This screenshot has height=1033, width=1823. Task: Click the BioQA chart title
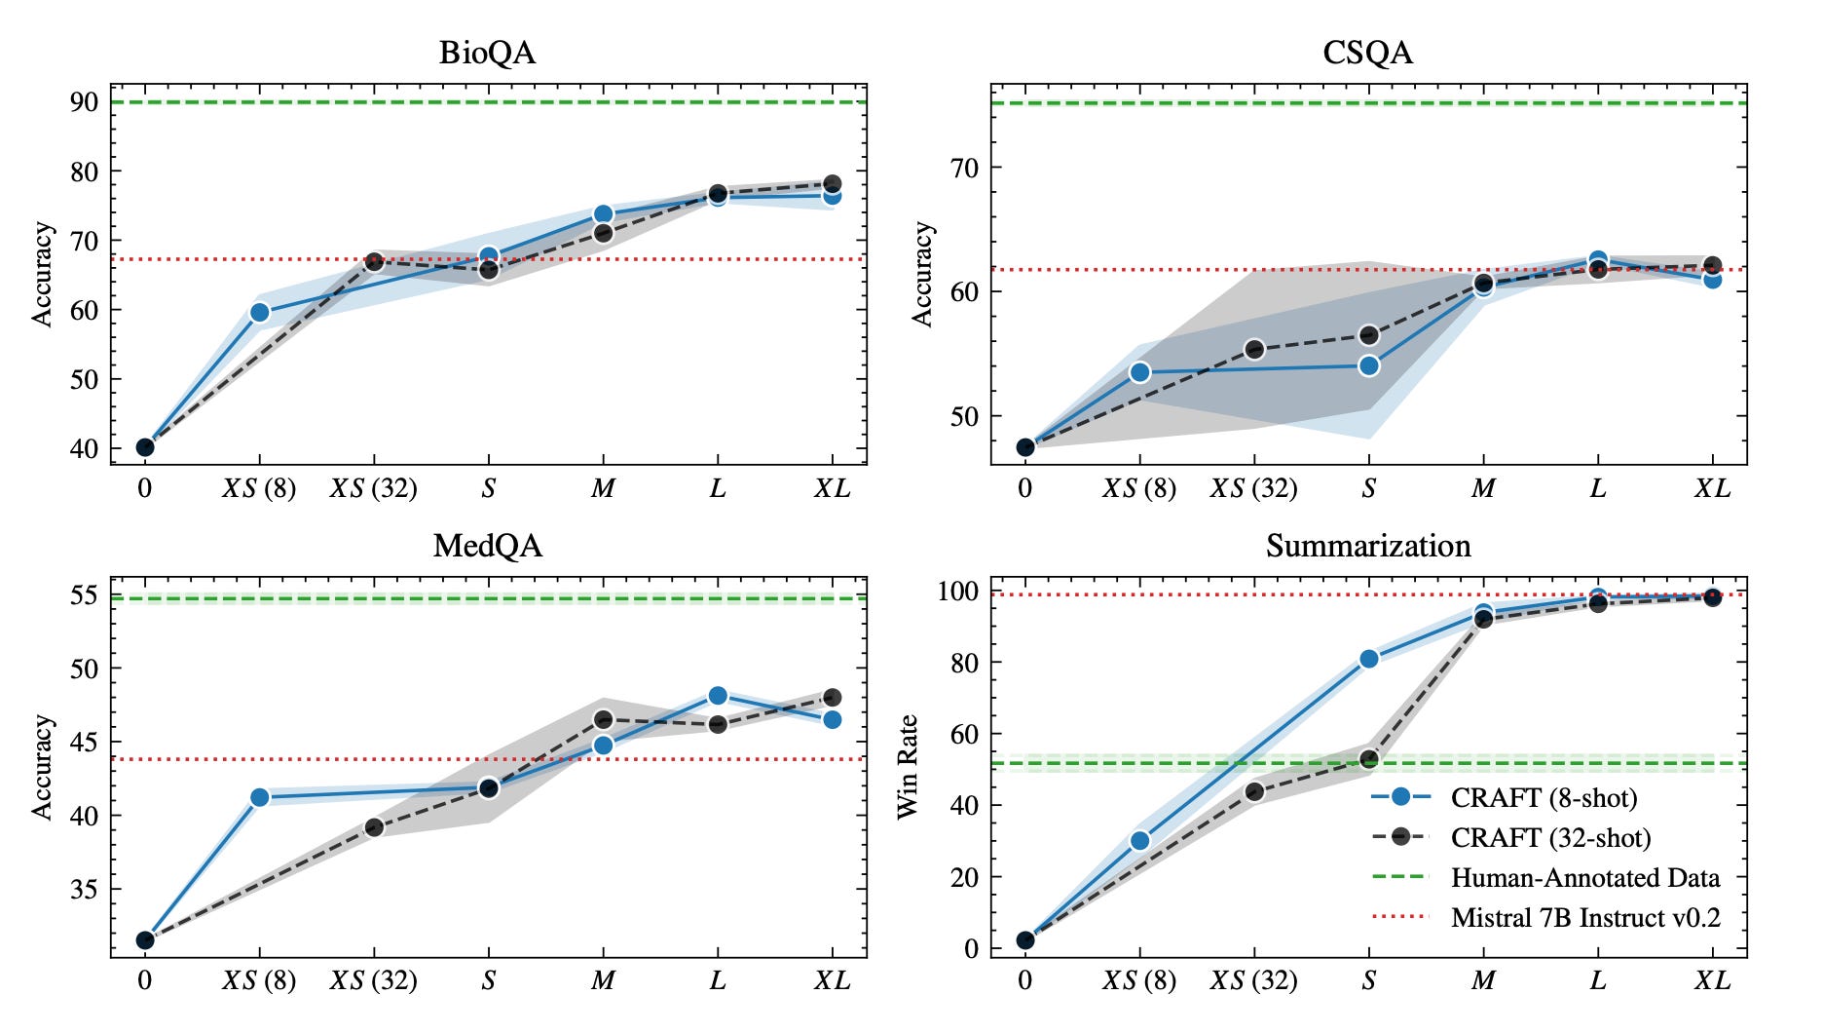487,53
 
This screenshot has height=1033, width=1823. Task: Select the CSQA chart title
1367,53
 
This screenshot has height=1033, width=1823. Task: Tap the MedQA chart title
487,546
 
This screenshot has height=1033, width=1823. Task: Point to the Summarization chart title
1367,546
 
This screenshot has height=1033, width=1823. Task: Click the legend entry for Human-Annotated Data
1584,878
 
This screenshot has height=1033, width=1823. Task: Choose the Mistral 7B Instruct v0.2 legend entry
1584,918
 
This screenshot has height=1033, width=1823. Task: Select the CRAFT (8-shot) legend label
1544,798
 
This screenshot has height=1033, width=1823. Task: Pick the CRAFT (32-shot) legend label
1550,838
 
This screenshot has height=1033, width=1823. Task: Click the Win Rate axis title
908,767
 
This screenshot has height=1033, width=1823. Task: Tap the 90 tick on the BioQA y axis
84,102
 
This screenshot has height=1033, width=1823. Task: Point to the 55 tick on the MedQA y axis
84,594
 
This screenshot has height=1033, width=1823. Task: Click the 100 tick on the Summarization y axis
957,591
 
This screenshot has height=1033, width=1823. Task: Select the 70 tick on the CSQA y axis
964,168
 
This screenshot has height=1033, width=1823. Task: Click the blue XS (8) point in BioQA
259,312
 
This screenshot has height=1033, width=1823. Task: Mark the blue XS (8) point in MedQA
259,797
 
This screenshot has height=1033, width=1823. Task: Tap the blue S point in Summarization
1368,659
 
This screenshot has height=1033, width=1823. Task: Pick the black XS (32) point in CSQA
1254,349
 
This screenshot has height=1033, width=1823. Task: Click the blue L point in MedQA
718,695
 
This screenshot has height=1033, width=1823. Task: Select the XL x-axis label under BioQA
832,488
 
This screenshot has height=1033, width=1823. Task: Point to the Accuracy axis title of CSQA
921,274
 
